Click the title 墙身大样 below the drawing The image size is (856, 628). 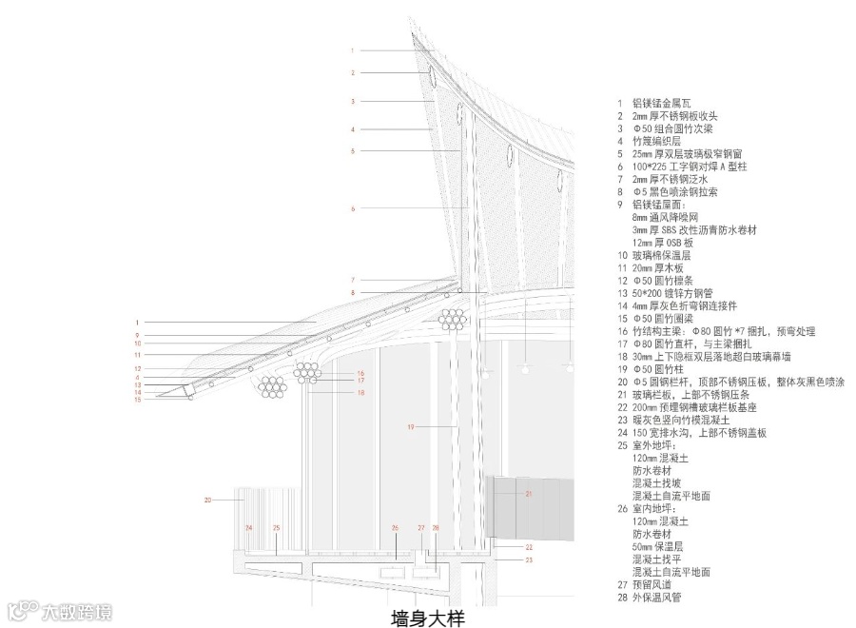coord(427,618)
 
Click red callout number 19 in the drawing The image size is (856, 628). coord(411,428)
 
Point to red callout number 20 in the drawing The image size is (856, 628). coord(207,499)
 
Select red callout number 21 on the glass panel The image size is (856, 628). coord(530,493)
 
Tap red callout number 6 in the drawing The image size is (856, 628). coord(352,208)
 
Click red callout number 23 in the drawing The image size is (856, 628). coord(529,560)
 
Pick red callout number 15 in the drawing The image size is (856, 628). coord(137,400)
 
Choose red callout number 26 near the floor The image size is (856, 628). coord(395,528)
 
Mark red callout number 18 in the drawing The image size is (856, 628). coord(360,392)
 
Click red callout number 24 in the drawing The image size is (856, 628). coord(249,527)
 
